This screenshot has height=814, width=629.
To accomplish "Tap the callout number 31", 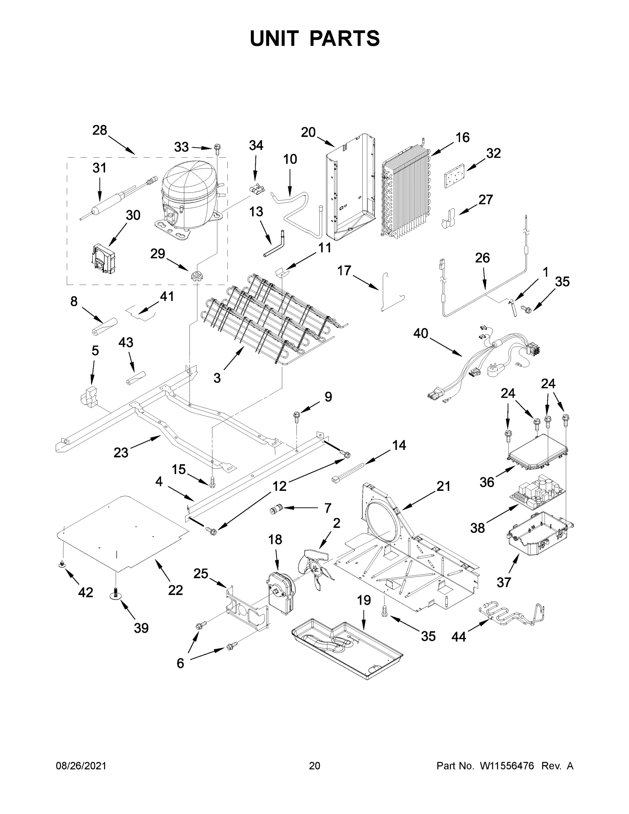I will click(x=99, y=168).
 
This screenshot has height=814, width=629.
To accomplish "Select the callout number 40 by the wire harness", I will click(x=421, y=334).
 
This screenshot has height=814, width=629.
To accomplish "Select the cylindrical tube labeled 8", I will click(x=105, y=327).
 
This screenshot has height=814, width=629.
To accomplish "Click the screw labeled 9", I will click(x=297, y=416).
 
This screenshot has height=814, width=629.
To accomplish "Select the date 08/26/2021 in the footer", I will click(x=81, y=765).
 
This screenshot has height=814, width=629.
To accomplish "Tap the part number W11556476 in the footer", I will click(x=507, y=765).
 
